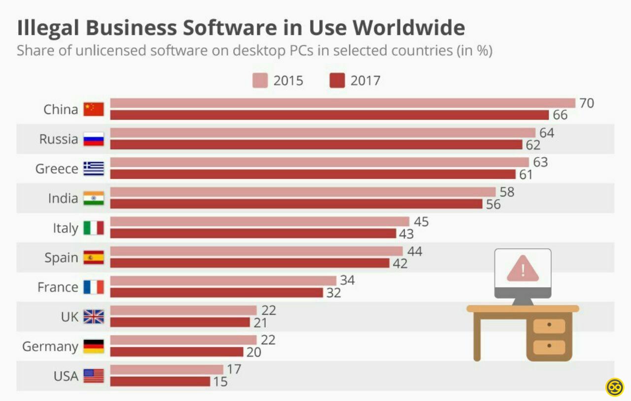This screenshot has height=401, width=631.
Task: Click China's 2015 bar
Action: point(343,103)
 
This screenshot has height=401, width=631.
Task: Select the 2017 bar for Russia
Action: point(316,145)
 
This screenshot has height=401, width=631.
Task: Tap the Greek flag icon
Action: point(94,168)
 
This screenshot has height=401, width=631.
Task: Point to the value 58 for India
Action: point(507,192)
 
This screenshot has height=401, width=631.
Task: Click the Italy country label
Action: point(66,228)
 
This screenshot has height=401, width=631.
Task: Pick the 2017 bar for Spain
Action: point(249,263)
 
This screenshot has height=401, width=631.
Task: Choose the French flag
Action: point(94,287)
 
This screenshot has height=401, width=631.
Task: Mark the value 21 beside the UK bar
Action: point(260,323)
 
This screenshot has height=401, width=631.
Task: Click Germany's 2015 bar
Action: point(183,340)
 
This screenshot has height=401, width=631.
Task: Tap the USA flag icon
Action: point(94,376)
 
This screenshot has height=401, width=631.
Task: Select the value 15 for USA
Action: point(220,382)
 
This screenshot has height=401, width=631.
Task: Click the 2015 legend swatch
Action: point(260,80)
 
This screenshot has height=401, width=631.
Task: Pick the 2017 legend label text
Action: point(365,80)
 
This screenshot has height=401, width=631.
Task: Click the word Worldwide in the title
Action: point(409,28)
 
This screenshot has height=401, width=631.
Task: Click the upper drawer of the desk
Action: point(549,326)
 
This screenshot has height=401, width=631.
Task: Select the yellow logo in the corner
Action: point(615,387)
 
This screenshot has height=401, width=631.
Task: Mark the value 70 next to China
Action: point(587,103)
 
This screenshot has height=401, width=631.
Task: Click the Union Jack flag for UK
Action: point(94,317)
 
